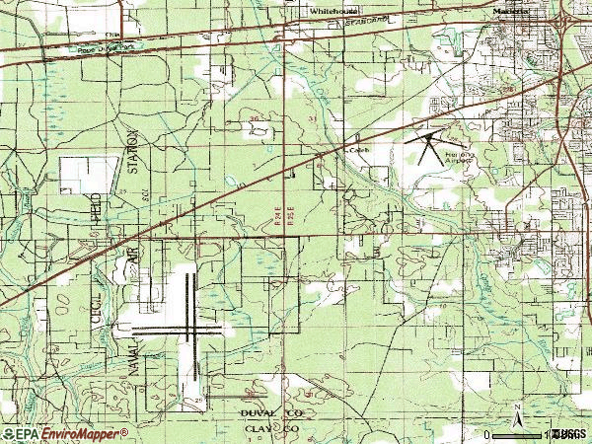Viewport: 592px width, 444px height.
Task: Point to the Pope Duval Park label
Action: (x=108, y=47)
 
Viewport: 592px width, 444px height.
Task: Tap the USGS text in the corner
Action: (x=570, y=434)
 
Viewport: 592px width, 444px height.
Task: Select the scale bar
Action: (x=523, y=434)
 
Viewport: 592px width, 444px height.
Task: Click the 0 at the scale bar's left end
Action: (x=489, y=434)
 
